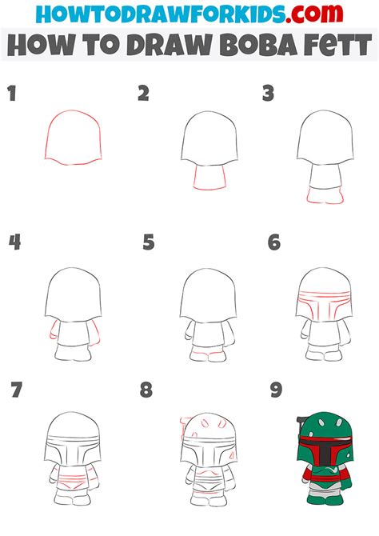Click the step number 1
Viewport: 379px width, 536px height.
(x=12, y=94)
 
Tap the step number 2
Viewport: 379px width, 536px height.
(x=143, y=94)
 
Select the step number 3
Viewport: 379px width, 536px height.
(x=269, y=94)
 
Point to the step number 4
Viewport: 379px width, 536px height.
(x=13, y=242)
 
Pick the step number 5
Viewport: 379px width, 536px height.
(x=148, y=242)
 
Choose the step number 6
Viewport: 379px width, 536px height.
(x=274, y=242)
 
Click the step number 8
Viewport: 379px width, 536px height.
(x=146, y=391)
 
